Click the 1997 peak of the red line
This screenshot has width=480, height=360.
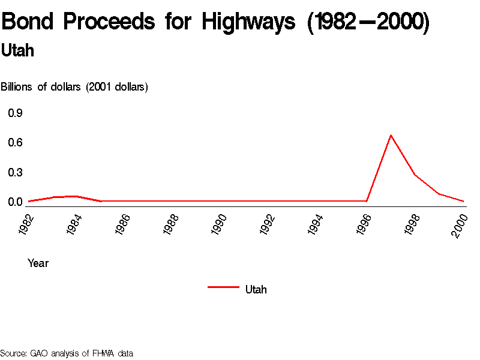(391, 135)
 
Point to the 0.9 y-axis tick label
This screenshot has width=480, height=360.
(15, 113)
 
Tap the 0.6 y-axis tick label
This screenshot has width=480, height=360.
(15, 142)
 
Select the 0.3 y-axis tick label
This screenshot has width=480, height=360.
(15, 172)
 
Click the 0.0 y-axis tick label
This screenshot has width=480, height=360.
(15, 202)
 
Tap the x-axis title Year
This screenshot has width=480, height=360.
(38, 263)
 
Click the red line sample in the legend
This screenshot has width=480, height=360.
(223, 287)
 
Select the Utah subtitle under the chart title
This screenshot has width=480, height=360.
(17, 51)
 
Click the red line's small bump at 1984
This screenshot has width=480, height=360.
(74, 196)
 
